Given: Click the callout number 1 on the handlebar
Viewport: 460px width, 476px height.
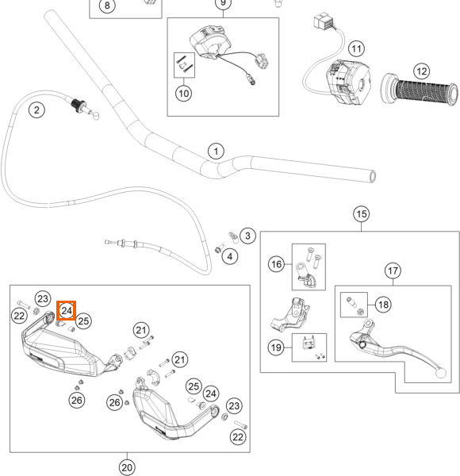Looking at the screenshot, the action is click(x=216, y=152).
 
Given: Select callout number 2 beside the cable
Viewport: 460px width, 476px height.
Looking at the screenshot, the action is click(x=36, y=110).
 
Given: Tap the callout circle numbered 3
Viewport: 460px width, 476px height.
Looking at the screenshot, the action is click(x=247, y=236).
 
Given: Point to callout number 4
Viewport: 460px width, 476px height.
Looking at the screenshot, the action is click(x=230, y=256).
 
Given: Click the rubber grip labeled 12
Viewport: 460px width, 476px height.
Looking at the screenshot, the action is click(x=420, y=90).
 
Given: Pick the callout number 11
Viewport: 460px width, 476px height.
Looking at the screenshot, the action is click(x=357, y=48).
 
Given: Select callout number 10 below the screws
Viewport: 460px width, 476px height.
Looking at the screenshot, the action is click(x=183, y=93).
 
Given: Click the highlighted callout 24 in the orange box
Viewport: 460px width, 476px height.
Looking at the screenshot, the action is click(x=66, y=310).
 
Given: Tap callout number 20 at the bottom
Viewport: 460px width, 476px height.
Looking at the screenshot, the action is click(x=127, y=467).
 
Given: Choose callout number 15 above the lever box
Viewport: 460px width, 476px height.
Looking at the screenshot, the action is click(x=362, y=214).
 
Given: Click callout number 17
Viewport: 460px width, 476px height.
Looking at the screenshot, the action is click(x=393, y=271).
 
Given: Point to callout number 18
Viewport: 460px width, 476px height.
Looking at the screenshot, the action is click(x=383, y=305).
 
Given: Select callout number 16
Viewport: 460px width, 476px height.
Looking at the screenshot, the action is click(x=276, y=264).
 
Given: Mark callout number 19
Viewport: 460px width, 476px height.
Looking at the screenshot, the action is click(x=276, y=347).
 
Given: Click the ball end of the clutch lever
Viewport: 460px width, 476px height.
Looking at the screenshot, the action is click(x=441, y=373).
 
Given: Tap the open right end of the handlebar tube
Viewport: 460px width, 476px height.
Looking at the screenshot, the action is click(x=372, y=176).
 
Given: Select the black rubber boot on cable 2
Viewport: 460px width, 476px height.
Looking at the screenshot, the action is click(x=79, y=105).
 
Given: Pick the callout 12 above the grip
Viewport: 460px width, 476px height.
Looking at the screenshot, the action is click(x=422, y=71).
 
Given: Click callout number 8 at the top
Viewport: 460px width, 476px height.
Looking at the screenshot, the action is click(x=107, y=6).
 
